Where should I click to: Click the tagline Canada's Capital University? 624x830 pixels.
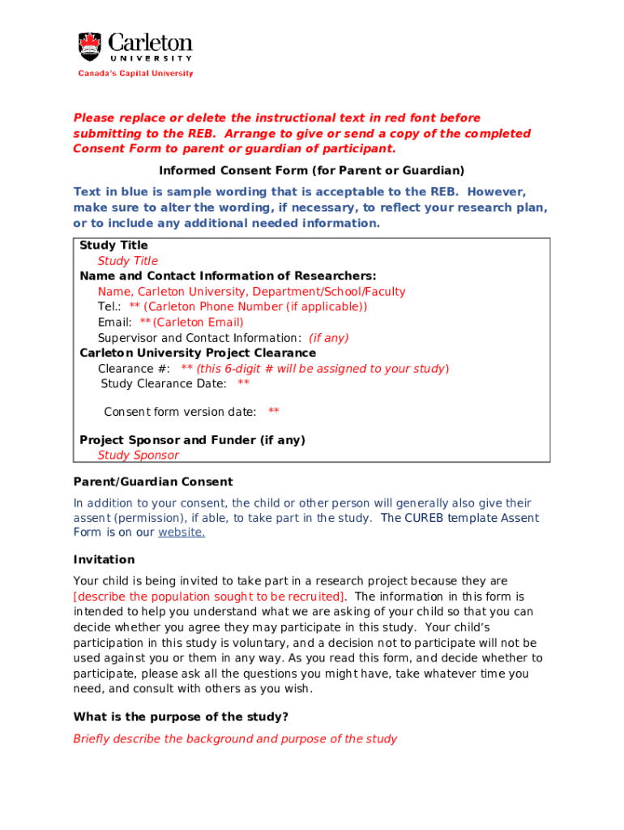(x=135, y=74)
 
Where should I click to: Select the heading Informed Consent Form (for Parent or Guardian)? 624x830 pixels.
(x=311, y=170)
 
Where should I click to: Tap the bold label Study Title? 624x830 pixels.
(x=113, y=245)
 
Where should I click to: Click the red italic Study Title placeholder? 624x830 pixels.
(x=127, y=261)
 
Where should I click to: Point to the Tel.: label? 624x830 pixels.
(x=109, y=306)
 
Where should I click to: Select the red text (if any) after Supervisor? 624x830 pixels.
(x=329, y=338)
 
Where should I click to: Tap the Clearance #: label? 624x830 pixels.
(x=134, y=369)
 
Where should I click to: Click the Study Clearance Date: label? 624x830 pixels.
(x=164, y=383)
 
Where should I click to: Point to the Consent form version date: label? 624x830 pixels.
(x=180, y=412)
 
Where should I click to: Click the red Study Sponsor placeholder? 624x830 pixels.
(x=138, y=456)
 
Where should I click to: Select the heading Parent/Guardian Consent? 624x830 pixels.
(x=153, y=481)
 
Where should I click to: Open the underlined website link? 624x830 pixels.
(x=182, y=533)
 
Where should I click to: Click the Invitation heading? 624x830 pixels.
(x=104, y=560)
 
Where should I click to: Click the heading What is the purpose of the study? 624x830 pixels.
(x=181, y=717)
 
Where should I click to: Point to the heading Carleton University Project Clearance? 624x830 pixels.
(x=198, y=353)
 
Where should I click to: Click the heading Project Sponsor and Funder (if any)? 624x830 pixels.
(x=192, y=440)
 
